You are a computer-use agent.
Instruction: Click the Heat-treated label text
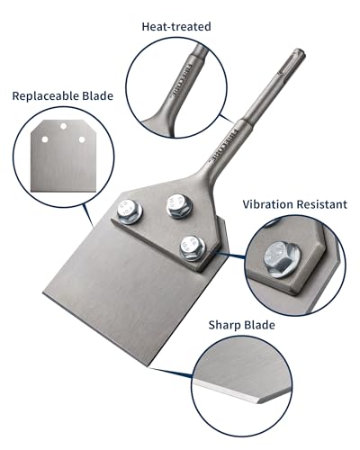[x=176, y=27]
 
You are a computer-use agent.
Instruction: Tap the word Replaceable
[x=44, y=94]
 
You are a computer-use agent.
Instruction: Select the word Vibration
[x=268, y=204]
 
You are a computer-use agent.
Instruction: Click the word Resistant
[x=319, y=204]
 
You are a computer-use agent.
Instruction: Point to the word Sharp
[x=227, y=325]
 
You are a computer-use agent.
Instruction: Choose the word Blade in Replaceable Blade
[x=95, y=94]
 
